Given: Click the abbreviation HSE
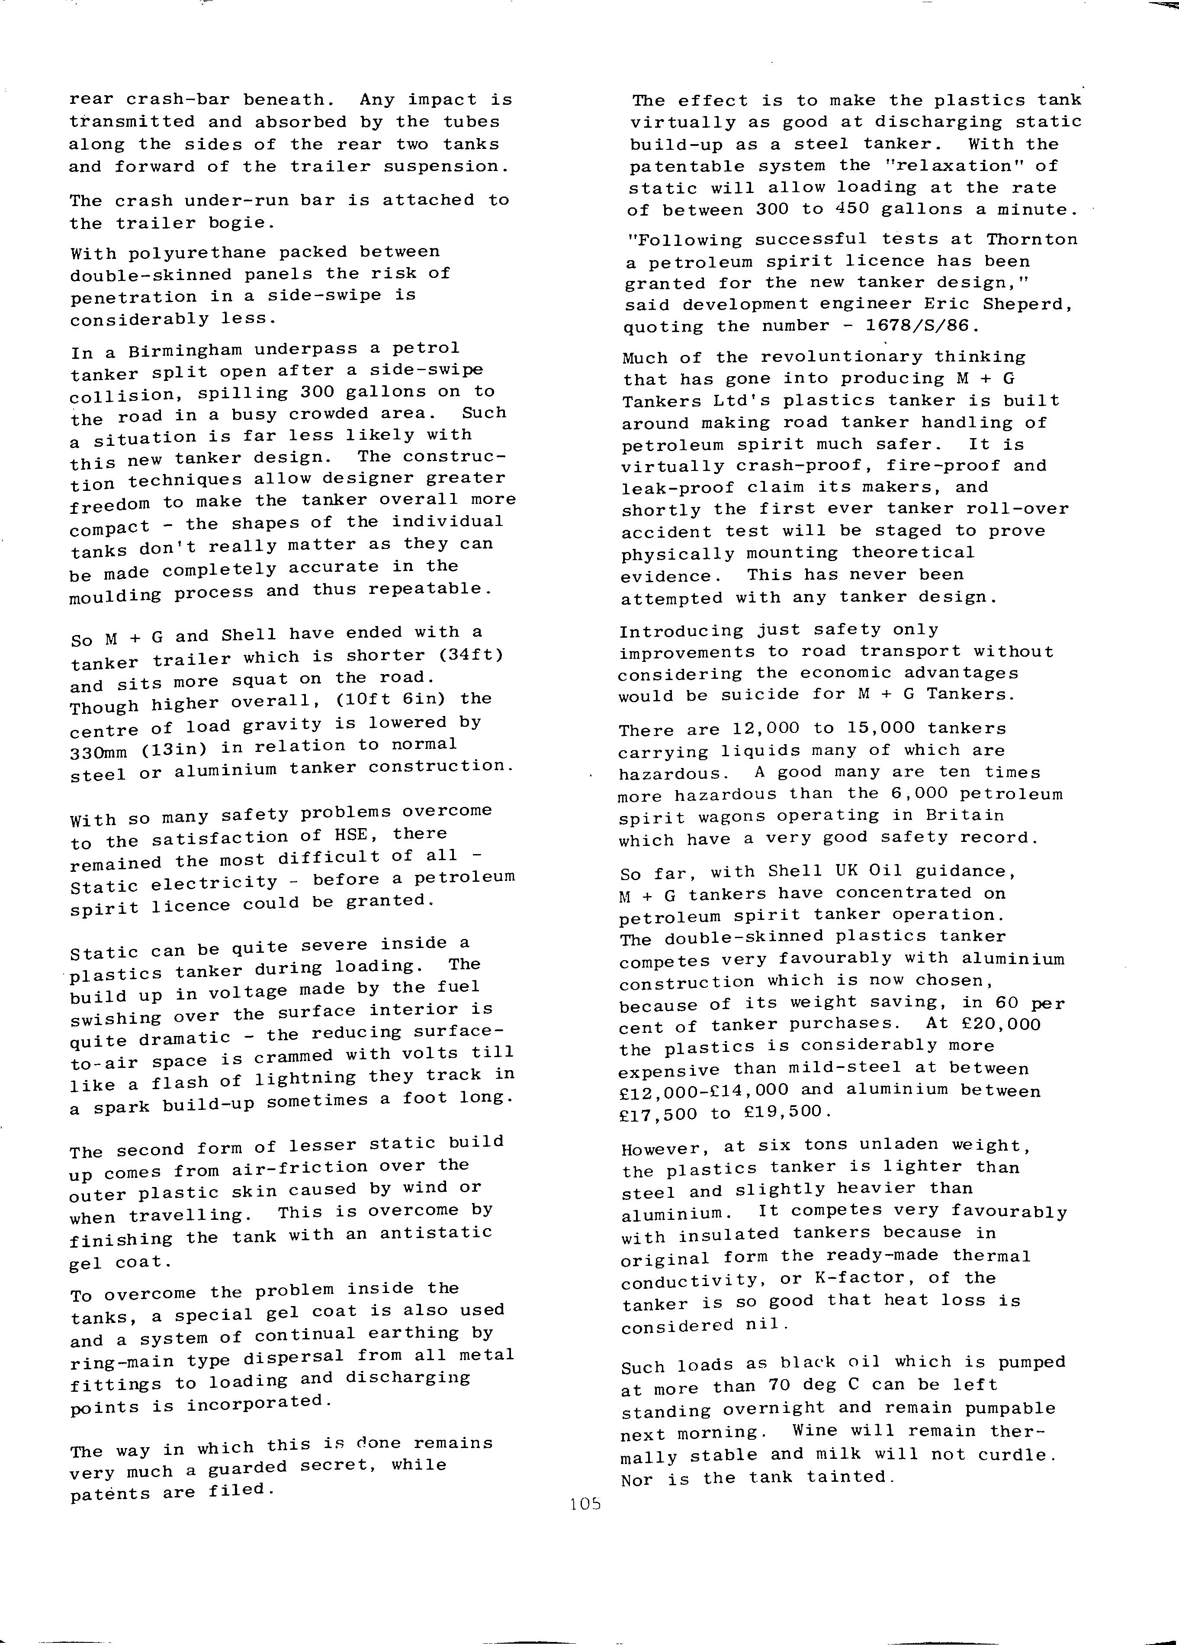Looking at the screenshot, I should [x=352, y=835].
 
